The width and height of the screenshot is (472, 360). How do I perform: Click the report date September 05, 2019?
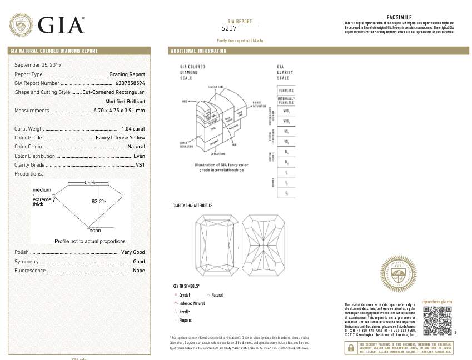tap(38, 65)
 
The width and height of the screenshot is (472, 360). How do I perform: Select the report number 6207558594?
tap(126, 83)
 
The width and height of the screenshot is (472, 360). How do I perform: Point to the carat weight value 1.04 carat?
tap(133, 129)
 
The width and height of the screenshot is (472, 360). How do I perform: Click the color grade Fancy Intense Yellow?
tap(120, 138)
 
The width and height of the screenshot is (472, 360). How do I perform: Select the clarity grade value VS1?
tap(140, 165)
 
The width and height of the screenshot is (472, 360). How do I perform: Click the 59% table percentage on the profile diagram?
tap(90, 182)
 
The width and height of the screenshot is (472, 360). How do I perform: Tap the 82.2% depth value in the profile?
tap(98, 201)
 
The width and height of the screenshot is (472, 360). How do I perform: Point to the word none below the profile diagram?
tap(95, 230)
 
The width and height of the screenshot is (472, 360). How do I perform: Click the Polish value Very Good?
tap(133, 252)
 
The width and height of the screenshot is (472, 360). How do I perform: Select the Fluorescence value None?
tap(138, 271)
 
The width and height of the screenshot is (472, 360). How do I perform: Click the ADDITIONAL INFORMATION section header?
tap(198, 51)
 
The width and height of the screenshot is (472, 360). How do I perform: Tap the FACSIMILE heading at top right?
tap(399, 17)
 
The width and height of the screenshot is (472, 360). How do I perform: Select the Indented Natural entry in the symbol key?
tap(192, 304)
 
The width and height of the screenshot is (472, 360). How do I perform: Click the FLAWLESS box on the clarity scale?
tap(286, 91)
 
